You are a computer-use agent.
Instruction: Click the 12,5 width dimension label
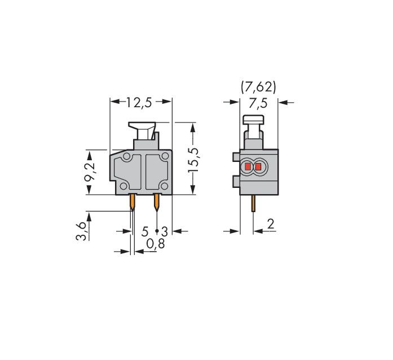click(140, 102)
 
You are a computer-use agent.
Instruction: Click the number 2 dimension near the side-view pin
click(271, 224)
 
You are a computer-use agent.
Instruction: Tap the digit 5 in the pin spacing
click(145, 231)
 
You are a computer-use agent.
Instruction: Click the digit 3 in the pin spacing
click(165, 231)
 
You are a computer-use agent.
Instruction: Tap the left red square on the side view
click(248, 167)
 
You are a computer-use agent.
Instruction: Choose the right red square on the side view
click(259, 167)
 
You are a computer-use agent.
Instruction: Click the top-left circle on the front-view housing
click(127, 156)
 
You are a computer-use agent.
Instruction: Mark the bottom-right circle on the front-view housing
click(165, 187)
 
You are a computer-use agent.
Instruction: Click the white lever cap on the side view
click(254, 120)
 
